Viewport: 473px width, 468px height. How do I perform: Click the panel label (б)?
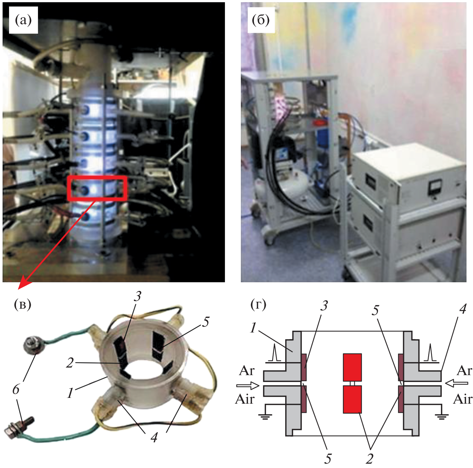260,20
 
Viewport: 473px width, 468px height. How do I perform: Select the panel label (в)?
22,305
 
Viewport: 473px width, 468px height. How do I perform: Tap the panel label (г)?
258,305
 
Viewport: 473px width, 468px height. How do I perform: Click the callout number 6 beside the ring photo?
16,390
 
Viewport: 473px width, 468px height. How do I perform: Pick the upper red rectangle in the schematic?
352,367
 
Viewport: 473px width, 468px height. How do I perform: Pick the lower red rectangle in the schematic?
352,399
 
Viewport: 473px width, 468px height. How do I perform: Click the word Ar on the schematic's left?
247,371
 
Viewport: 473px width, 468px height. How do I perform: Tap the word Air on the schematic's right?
463,399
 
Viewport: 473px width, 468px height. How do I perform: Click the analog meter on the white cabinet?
433,188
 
